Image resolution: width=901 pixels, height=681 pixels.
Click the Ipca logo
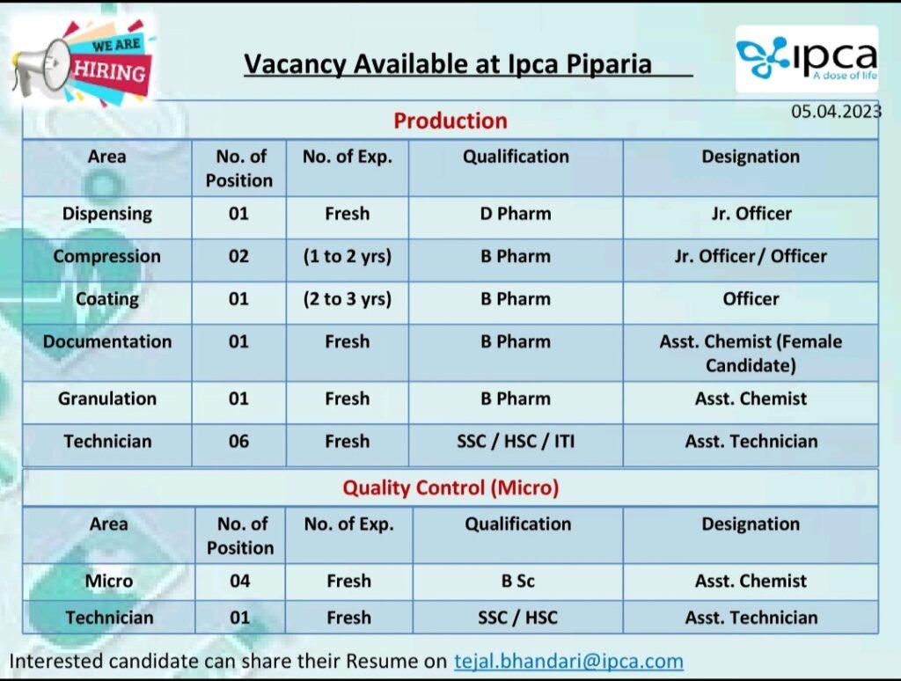[x=807, y=59]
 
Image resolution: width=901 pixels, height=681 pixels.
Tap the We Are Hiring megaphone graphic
[x=82, y=63]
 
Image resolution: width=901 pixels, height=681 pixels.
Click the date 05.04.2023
[x=836, y=111]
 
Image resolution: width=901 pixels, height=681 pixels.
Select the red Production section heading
[x=450, y=121]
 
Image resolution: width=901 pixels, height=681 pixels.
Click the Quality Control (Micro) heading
[x=450, y=487]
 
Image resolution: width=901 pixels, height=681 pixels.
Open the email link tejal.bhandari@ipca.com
[x=569, y=661]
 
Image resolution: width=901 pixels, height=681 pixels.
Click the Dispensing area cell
[x=106, y=214]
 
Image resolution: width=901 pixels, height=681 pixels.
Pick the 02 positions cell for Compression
[x=238, y=256]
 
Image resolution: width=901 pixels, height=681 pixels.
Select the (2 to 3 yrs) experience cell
[x=347, y=299]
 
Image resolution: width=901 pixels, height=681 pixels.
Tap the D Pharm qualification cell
[x=516, y=214]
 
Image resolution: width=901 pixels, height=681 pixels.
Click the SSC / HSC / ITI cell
[x=516, y=442]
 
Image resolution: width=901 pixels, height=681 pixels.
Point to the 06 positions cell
[x=238, y=442]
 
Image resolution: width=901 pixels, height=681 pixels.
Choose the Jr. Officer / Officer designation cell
[x=751, y=256]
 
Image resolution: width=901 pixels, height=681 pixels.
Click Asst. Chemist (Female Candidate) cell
[x=751, y=354]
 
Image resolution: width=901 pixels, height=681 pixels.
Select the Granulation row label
[x=106, y=399]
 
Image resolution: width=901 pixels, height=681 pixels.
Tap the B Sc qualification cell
[x=517, y=581]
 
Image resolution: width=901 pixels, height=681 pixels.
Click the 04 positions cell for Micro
[x=239, y=581]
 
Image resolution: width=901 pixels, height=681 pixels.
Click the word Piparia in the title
[x=609, y=64]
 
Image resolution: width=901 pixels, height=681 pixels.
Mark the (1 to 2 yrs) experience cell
[x=347, y=256]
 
